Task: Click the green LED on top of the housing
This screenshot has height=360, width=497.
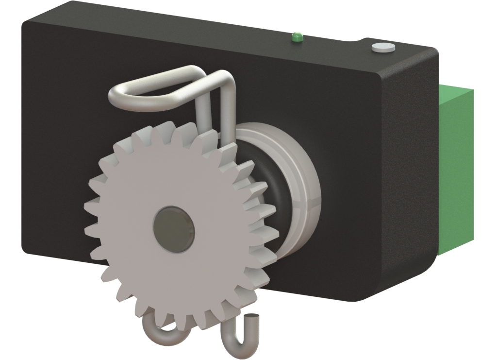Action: tap(296, 36)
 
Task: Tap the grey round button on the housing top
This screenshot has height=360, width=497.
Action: tap(383, 47)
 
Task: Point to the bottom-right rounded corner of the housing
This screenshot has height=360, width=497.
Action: tap(422, 272)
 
